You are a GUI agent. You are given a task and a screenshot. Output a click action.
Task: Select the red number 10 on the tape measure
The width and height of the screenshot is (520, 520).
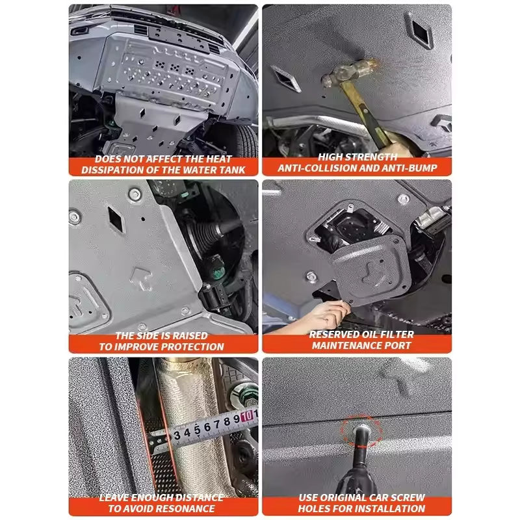248,415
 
